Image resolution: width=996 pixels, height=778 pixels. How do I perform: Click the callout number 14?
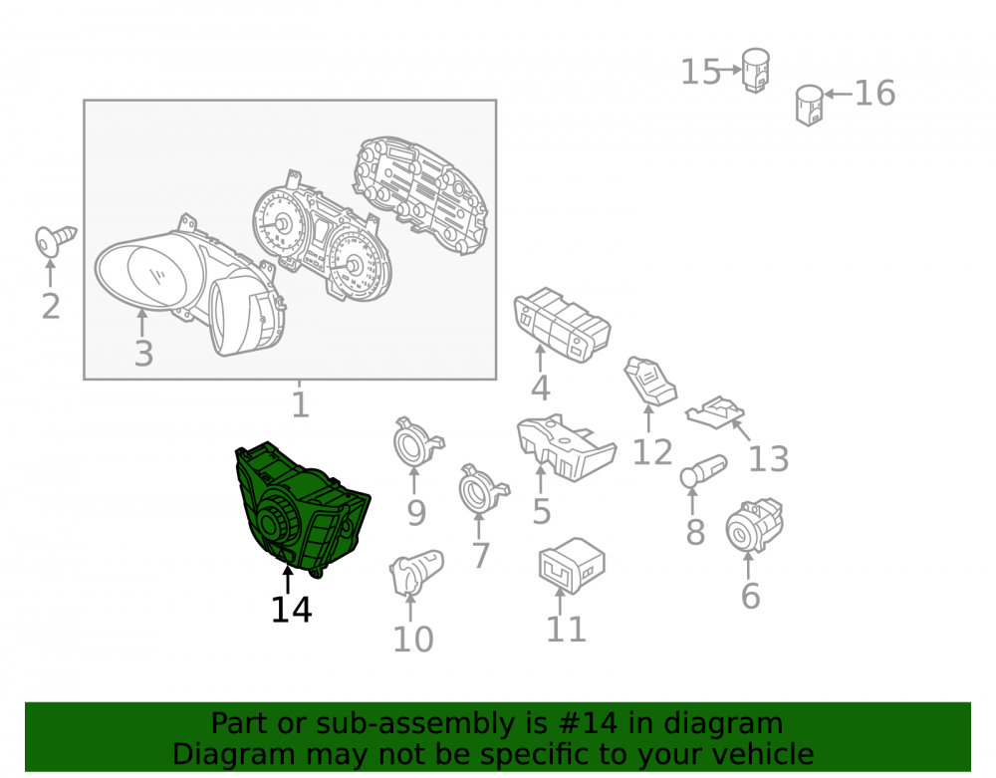[x=292, y=610]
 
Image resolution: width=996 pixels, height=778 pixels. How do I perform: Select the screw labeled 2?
[x=55, y=240]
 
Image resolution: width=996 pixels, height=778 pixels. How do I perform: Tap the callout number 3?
[x=143, y=354]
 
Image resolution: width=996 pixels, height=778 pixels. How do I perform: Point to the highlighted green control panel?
[x=302, y=510]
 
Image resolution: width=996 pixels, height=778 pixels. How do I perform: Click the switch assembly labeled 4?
[x=562, y=325]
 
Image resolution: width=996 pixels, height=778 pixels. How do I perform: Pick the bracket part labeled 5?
[x=566, y=446]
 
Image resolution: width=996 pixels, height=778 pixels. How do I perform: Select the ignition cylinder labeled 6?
[x=754, y=525]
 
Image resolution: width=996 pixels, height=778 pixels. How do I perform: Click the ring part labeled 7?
[x=483, y=489]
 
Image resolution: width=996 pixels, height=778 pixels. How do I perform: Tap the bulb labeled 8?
[x=702, y=470]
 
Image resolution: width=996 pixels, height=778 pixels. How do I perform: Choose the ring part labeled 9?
[x=417, y=442]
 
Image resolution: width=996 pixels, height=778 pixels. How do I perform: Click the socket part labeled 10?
[x=415, y=573]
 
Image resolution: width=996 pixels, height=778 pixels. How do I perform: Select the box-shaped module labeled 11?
[x=572, y=566]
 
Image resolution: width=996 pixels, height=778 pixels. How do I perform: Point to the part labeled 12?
[x=650, y=381]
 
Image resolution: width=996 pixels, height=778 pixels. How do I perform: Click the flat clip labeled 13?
[x=715, y=412]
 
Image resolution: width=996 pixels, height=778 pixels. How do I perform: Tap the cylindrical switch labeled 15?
[x=756, y=70]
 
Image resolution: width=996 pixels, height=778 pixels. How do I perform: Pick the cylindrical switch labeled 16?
[x=809, y=105]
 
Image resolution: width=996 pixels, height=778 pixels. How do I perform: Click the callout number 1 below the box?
[x=301, y=404]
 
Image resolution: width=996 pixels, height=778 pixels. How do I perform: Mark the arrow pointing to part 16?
[x=838, y=94]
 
